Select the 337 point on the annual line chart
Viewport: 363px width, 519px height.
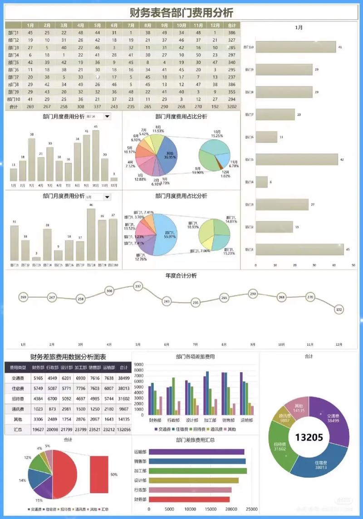pyautogui.click(x=138, y=286)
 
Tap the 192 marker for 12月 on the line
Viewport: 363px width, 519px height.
pyautogui.click(x=338, y=310)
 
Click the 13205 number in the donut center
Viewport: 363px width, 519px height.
pyautogui.click(x=309, y=437)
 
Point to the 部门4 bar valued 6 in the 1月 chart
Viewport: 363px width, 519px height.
pyautogui.click(x=261, y=182)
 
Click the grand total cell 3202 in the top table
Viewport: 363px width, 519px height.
pyautogui.click(x=232, y=107)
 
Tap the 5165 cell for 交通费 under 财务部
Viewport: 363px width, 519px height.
pyautogui.click(x=39, y=378)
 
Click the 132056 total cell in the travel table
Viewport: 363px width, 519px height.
pyautogui.click(x=123, y=429)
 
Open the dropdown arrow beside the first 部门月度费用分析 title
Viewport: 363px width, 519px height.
pyautogui.click(x=107, y=116)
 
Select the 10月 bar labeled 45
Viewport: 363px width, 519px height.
pyautogui.click(x=95, y=156)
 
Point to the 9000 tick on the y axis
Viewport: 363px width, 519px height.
pyautogui.click(x=139, y=364)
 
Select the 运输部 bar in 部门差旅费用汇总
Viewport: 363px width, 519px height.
pyautogui.click(x=196, y=451)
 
